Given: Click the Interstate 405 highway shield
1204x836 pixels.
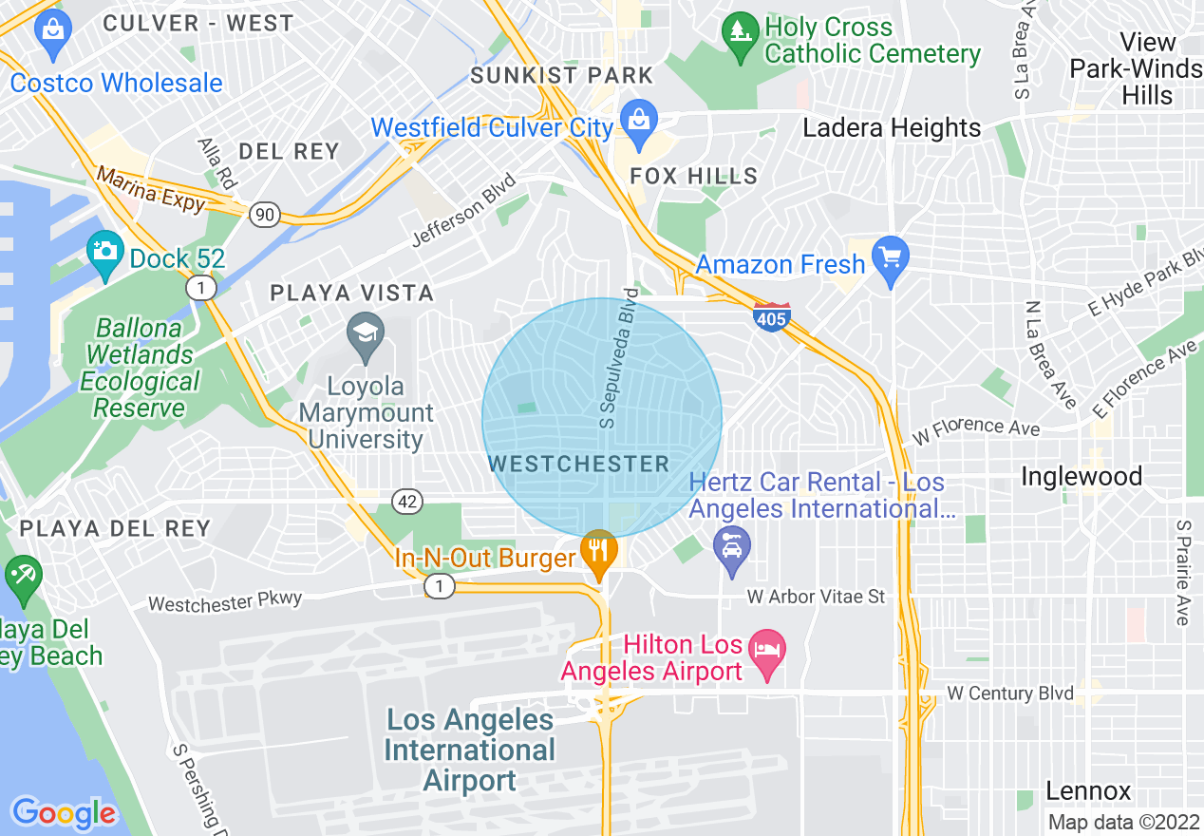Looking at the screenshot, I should click(771, 316).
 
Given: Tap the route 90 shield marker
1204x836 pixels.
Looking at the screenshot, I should click(265, 215).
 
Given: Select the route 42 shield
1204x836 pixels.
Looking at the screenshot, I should click(408, 501).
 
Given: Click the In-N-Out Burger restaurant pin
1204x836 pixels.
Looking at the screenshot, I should click(598, 553).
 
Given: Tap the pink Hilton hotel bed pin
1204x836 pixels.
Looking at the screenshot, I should click(766, 652).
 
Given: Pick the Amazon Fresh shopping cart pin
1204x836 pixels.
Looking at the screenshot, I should click(891, 258).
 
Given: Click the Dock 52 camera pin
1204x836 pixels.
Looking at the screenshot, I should click(104, 252).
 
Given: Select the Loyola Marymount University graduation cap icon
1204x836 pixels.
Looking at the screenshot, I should click(366, 334).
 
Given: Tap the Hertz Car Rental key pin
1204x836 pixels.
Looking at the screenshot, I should click(731, 549).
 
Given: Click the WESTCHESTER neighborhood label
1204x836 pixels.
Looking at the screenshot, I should click(579, 464).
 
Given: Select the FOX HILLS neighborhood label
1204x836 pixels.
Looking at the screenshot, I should click(695, 176).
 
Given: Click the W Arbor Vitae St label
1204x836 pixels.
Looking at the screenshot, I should click(816, 597).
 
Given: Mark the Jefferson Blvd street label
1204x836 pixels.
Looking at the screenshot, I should click(463, 211).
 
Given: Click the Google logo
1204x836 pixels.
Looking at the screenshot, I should click(64, 812).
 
